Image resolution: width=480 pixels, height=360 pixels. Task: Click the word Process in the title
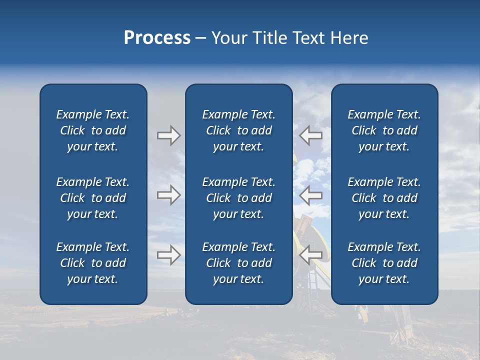[157, 38]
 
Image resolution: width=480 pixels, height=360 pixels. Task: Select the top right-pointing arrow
[168, 135]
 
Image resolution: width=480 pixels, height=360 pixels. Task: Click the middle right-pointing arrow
[168, 195]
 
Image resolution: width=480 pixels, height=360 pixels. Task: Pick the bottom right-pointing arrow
[168, 255]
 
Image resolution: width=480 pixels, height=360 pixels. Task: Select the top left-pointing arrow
[311, 135]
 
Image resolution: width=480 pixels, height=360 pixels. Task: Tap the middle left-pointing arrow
[311, 195]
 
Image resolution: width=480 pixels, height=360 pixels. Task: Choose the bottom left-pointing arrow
[311, 255]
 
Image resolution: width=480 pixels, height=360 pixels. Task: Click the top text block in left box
[93, 130]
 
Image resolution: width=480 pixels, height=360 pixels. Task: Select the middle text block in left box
[93, 198]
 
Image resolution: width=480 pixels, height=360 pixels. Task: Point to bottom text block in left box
[93, 263]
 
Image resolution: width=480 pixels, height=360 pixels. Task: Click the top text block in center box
[238, 130]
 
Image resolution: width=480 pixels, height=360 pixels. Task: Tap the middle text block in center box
[238, 198]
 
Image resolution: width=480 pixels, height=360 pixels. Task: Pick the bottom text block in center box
[238, 263]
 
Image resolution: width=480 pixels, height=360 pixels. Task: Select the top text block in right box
[384, 130]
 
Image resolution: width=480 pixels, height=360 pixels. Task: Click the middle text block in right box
[384, 198]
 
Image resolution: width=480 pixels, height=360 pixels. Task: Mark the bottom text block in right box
[384, 263]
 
